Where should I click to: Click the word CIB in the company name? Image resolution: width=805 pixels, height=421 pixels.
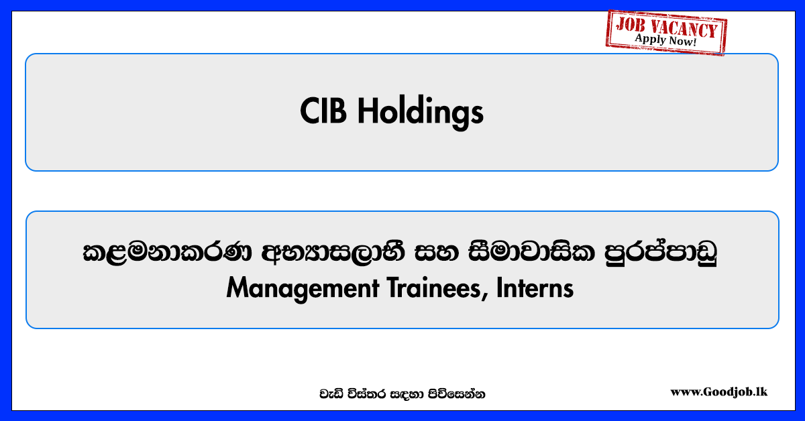tap(323, 111)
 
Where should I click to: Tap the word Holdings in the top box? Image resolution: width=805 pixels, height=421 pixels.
tap(421, 113)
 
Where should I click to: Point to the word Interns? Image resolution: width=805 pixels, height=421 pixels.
tap(535, 288)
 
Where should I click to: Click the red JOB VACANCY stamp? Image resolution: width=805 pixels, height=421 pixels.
tap(666, 33)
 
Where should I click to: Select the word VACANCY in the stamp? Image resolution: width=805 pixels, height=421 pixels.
tap(685, 29)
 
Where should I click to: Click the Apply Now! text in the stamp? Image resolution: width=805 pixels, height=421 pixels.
tap(665, 40)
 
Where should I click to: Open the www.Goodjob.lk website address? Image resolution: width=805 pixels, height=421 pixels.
tap(718, 392)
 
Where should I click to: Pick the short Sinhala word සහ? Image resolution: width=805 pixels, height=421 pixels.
tap(437, 253)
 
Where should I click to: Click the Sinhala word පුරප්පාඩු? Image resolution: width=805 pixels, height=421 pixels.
tap(661, 253)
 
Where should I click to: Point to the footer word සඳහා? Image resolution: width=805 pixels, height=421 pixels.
tap(407, 394)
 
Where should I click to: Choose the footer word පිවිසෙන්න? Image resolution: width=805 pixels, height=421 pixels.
tap(456, 394)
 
